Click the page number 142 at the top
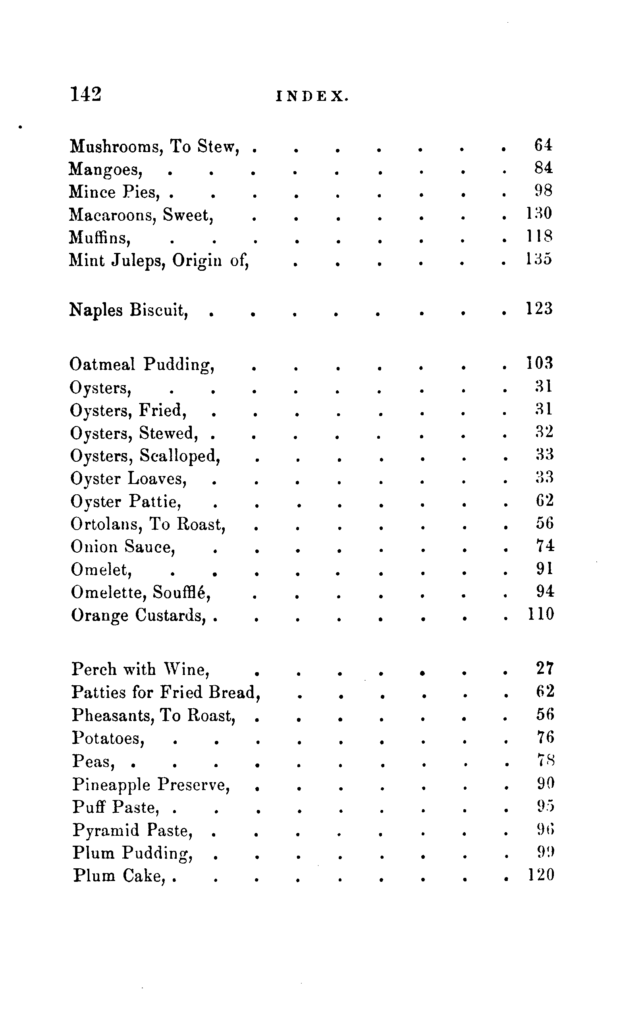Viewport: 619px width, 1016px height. (86, 94)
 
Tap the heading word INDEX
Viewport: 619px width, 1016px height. (312, 96)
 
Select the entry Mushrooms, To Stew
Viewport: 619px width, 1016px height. (154, 147)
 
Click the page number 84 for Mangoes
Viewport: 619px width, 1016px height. (543, 168)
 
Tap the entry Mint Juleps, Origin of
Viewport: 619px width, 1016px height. (159, 260)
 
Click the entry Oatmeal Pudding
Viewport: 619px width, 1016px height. (142, 364)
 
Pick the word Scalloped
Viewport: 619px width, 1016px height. (180, 456)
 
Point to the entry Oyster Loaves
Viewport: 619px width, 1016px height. (129, 479)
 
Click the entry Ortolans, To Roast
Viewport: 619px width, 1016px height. (148, 524)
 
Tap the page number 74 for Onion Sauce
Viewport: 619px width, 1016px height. (544, 546)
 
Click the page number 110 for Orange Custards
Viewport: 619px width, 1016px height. (541, 614)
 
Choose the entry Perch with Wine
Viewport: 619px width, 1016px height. (141, 669)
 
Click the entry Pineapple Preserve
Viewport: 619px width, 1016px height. (151, 785)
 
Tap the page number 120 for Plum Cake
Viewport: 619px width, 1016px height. (541, 875)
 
